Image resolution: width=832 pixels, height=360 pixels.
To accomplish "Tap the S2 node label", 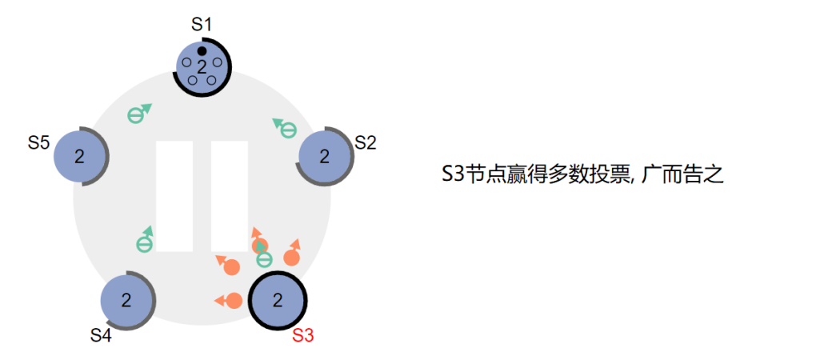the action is (x=366, y=143).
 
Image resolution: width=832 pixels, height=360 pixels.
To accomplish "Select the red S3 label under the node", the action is (x=303, y=335).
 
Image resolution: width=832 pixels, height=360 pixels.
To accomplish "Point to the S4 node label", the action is (x=100, y=335).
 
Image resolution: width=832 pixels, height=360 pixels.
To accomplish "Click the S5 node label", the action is (x=39, y=143).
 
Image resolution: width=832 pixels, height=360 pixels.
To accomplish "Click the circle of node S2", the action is (x=325, y=156).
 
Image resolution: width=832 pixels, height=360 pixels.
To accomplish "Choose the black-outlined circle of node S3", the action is (x=278, y=301).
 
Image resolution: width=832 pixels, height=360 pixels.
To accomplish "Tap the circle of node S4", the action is (x=126, y=301).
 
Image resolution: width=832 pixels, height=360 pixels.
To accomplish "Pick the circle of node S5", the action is (x=79, y=156).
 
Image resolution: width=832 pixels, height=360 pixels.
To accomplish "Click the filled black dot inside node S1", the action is (x=202, y=51).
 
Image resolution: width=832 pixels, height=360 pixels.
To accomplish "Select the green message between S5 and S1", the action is (x=137, y=114).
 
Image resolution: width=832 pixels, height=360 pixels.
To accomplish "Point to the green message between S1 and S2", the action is (x=286, y=127).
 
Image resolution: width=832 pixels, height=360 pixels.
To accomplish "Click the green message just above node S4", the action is (x=145, y=242).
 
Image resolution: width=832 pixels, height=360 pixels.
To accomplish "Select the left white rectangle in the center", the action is (x=174, y=196).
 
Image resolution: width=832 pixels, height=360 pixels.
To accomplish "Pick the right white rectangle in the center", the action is (x=229, y=196).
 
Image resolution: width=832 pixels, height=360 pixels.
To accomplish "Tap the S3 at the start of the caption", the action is (x=453, y=174).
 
